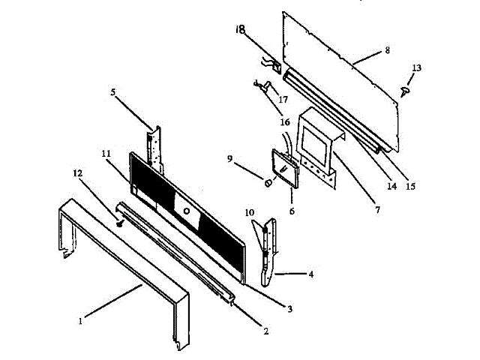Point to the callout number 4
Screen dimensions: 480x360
(x=310, y=274)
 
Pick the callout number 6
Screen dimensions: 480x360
(x=292, y=212)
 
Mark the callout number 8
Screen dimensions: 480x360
(x=387, y=50)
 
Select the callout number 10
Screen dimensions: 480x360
(x=248, y=213)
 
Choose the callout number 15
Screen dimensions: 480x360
(x=411, y=186)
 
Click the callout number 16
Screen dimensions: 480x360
(x=284, y=122)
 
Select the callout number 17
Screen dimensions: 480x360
(x=284, y=97)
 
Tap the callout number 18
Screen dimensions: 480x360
(x=240, y=30)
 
